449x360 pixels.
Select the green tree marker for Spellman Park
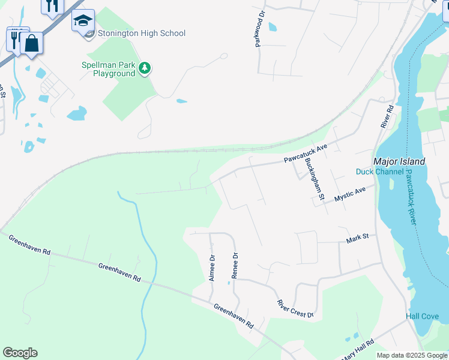coord(144,68)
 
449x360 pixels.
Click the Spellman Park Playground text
coord(108,69)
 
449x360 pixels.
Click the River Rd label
coord(387,116)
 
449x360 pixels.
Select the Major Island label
coord(399,161)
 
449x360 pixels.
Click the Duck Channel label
coord(379,172)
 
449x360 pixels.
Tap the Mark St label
coord(357,239)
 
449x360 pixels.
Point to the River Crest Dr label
coord(295,308)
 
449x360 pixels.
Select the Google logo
coord(20,353)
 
